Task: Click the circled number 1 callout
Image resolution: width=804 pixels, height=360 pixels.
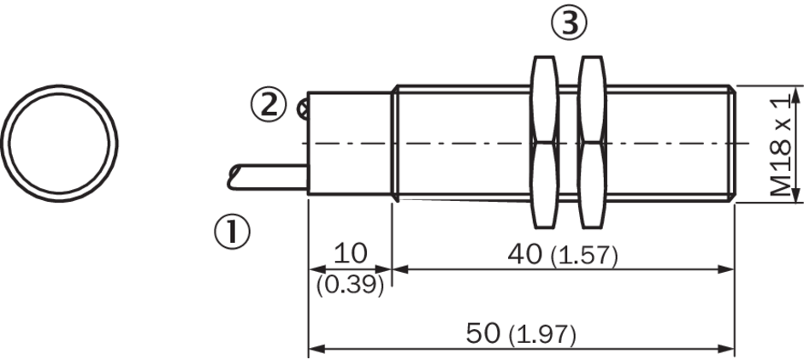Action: [x=233, y=232]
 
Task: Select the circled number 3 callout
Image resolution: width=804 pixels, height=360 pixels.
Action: [x=569, y=23]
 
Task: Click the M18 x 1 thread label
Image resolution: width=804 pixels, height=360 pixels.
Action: [x=781, y=148]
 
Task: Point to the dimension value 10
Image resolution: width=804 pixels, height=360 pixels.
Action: [x=351, y=253]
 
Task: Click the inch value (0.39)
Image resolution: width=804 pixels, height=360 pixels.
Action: [x=350, y=286]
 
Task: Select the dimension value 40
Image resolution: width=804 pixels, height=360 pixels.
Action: [x=524, y=254]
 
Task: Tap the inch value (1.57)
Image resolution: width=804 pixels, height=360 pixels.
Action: [x=584, y=256]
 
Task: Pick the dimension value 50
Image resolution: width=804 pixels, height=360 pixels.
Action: [x=482, y=333]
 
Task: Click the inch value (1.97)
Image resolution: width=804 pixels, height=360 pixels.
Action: [x=542, y=335]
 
